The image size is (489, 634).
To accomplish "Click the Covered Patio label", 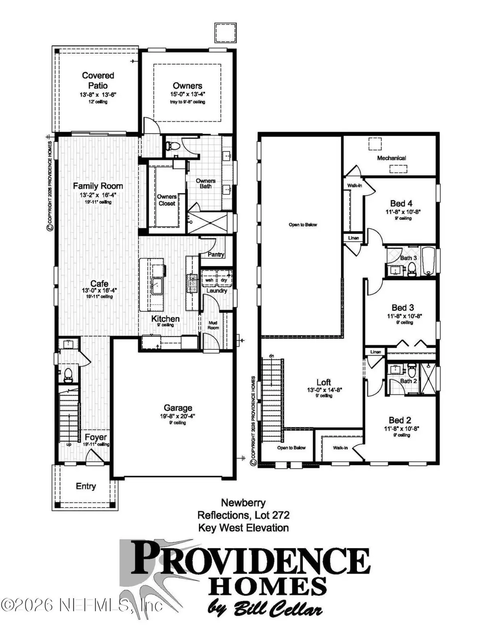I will pyautogui.click(x=98, y=81).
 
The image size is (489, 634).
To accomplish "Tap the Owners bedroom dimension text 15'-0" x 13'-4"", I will pyautogui.click(x=188, y=94).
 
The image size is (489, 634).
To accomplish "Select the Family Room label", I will pyautogui.click(x=98, y=186).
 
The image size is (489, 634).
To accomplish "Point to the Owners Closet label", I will pyautogui.click(x=167, y=200).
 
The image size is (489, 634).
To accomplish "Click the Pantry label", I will pyautogui.click(x=216, y=254).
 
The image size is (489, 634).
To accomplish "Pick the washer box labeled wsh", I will pyautogui.click(x=209, y=280).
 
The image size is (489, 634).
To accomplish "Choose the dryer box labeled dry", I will pyautogui.click(x=224, y=280).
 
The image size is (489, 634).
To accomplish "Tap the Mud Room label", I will pyautogui.click(x=213, y=325).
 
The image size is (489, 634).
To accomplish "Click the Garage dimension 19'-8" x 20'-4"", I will pyautogui.click(x=178, y=416).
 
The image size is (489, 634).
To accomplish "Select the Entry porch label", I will pyautogui.click(x=86, y=486).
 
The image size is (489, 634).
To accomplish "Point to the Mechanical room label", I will pyautogui.click(x=391, y=158).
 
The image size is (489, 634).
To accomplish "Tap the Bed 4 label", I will pyautogui.click(x=401, y=203).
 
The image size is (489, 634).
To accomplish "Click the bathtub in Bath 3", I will pyautogui.click(x=428, y=261).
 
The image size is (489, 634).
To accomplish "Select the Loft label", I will pyautogui.click(x=324, y=382).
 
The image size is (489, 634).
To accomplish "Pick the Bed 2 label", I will pyautogui.click(x=400, y=420).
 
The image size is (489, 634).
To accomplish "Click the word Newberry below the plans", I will pyautogui.click(x=243, y=503).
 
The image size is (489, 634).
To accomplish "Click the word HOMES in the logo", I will pyautogui.click(x=267, y=586).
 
